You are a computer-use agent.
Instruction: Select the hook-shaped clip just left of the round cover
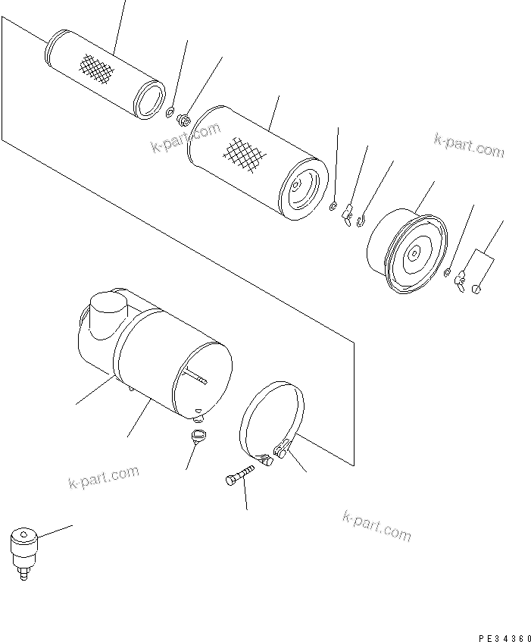(x=363, y=221)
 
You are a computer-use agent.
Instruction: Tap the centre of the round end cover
(x=414, y=256)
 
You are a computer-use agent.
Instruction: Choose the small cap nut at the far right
(x=476, y=288)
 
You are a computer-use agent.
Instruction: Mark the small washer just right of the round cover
(x=448, y=274)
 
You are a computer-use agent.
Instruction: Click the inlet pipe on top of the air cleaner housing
(x=107, y=312)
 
